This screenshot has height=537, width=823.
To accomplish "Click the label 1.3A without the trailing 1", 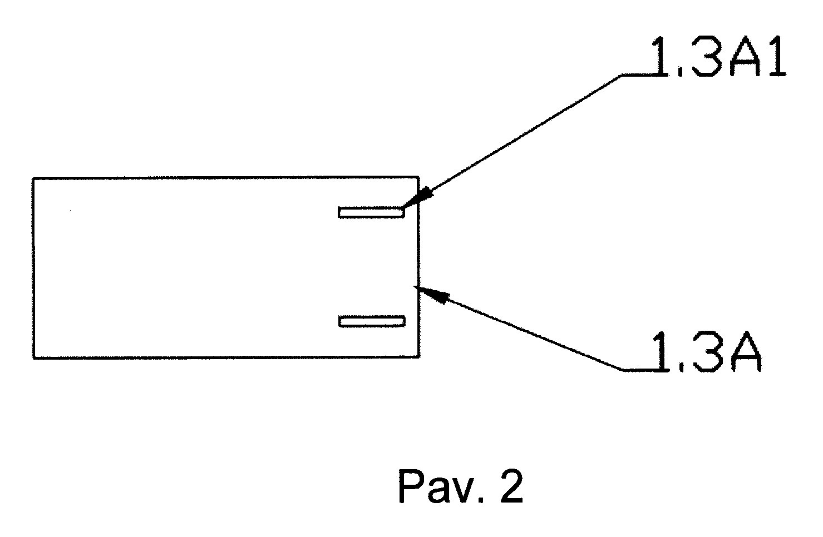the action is coord(706,352).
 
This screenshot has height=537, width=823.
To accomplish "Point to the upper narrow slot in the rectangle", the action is coord(372,212).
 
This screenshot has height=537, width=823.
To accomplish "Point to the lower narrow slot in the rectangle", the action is coord(372,321).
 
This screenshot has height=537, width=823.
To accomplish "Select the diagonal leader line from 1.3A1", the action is coord(512,141).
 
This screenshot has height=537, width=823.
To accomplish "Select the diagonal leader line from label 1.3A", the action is coord(519,328).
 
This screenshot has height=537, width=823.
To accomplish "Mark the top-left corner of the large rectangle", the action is coord(33,178).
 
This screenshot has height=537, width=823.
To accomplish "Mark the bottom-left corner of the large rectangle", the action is coord(33,358).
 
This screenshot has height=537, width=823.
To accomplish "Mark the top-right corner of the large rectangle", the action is coord(419,177).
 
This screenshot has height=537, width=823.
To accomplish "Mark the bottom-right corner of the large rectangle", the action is coord(419,356).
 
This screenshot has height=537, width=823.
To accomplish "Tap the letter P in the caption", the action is coord(410,486).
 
